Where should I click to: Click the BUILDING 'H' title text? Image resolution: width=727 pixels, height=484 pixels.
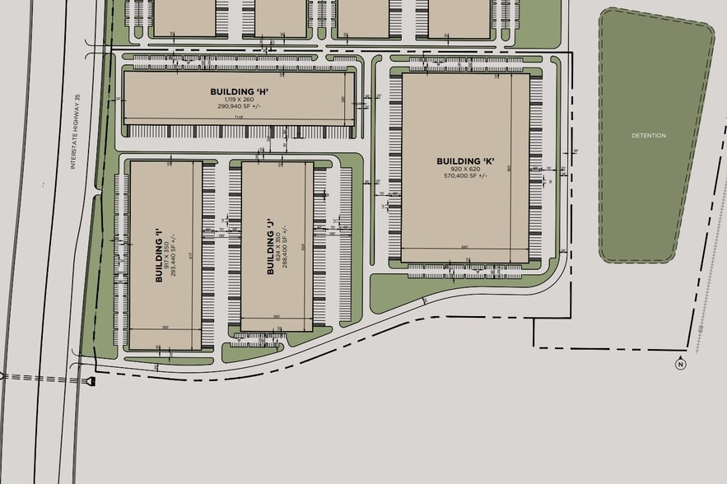pyautogui.click(x=239, y=91)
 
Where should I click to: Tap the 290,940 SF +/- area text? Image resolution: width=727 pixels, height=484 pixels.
pyautogui.click(x=239, y=106)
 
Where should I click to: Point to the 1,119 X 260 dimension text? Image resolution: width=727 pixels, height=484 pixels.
pyautogui.click(x=239, y=99)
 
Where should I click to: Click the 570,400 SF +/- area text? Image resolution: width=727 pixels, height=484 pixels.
pyautogui.click(x=465, y=175)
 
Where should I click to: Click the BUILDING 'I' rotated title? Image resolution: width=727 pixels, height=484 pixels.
pyautogui.click(x=159, y=255)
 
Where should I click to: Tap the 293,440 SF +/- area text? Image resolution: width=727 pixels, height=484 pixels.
pyautogui.click(x=175, y=255)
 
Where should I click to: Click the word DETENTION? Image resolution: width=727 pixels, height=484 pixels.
pyautogui.click(x=649, y=135)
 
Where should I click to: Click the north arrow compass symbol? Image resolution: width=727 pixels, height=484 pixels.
pyautogui.click(x=680, y=365)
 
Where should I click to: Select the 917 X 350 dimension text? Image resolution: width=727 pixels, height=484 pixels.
pyautogui.click(x=167, y=255)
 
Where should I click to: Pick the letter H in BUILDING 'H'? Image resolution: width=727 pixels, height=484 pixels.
pyautogui.click(x=262, y=91)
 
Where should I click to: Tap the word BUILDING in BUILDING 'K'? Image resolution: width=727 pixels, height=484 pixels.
pyautogui.click(x=457, y=161)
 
